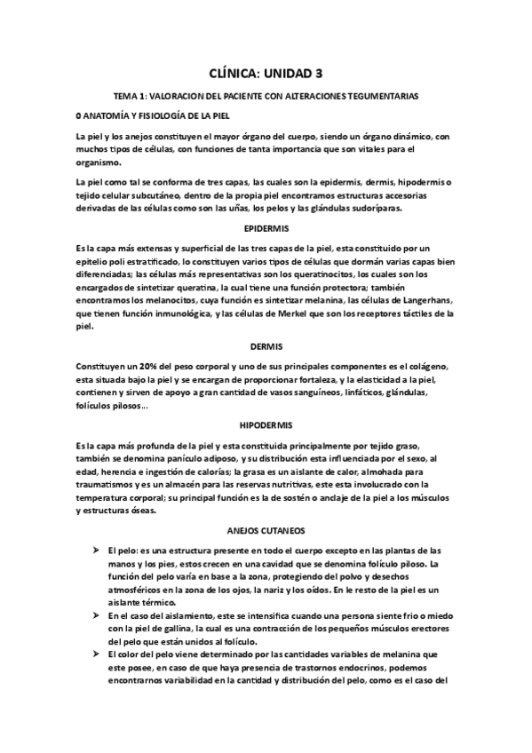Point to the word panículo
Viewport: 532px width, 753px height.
pos(182,460)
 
